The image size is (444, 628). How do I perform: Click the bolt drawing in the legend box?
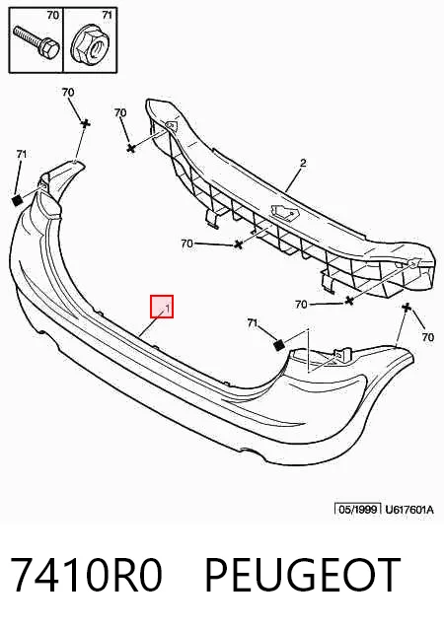[x=36, y=41]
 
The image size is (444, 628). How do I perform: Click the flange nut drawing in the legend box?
[x=90, y=44]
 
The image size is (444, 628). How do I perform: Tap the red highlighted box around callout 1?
[x=162, y=307]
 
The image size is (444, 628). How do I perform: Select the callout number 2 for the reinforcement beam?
[x=303, y=163]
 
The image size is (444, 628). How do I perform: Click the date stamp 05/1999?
[x=357, y=509]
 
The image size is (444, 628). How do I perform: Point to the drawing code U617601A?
[x=409, y=510]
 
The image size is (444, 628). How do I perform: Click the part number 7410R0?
[x=86, y=575]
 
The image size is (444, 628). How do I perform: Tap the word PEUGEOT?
[x=303, y=575]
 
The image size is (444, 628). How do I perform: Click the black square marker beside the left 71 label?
[x=17, y=200]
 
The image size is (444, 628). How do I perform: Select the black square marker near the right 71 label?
[x=279, y=345]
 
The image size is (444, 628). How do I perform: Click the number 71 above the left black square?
[x=22, y=154]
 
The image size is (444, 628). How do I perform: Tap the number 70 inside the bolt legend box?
[x=53, y=15]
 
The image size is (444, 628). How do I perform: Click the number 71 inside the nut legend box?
[x=107, y=15]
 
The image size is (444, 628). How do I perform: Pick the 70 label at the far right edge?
[x=428, y=337]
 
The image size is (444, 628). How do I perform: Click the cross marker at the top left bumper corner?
[x=86, y=123]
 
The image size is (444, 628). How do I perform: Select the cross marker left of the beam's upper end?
[x=130, y=148]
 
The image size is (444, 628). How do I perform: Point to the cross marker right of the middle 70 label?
[x=239, y=244]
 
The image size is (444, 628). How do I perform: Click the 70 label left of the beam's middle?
[x=186, y=244]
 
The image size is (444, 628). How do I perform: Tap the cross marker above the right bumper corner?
[x=407, y=308]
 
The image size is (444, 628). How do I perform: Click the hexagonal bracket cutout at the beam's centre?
[x=285, y=211]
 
